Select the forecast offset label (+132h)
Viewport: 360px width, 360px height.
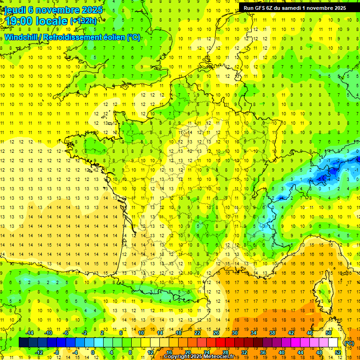tap(83, 21)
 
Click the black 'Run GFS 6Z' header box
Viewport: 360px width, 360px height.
tap(295, 8)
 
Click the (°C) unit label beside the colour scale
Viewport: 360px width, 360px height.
tap(349, 343)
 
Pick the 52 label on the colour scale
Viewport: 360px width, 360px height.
tap(338, 352)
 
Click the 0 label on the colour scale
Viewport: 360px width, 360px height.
tap(93, 352)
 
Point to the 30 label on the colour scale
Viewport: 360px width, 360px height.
tap(235, 333)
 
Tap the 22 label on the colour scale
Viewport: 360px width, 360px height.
tap(197, 333)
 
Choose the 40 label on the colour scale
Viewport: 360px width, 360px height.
tap(282, 352)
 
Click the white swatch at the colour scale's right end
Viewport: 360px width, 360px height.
tap(333, 343)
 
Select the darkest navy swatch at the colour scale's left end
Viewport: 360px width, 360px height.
tap(23, 343)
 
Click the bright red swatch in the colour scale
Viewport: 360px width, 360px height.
tap(220, 343)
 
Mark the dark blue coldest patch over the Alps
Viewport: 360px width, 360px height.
tap(322, 178)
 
